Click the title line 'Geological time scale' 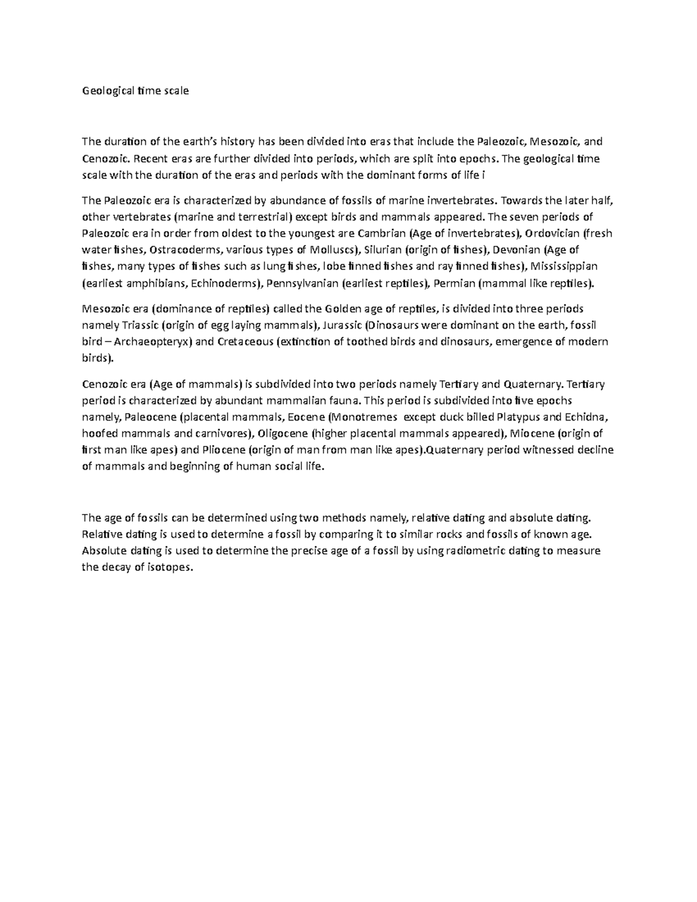coord(135,91)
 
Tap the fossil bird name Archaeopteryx coord(153,342)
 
